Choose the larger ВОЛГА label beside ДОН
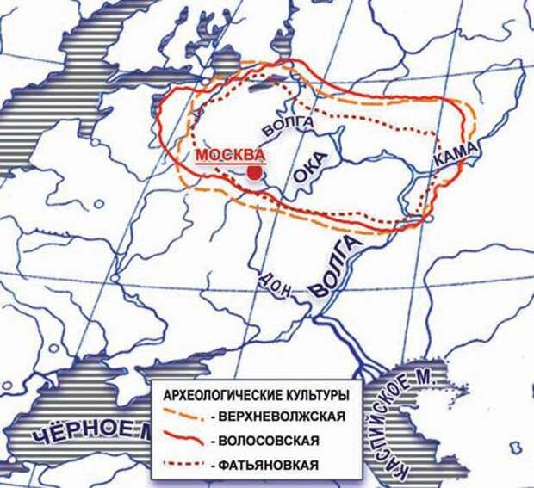(332, 266)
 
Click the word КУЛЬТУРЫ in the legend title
(317, 397)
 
